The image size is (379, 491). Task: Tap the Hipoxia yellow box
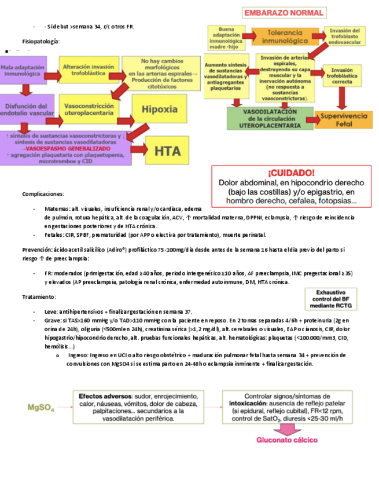point(159,108)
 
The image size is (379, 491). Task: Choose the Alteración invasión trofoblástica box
point(84,70)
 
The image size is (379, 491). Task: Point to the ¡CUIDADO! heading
point(291,173)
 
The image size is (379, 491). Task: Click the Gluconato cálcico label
point(287,439)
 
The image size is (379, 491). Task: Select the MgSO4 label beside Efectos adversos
point(41,407)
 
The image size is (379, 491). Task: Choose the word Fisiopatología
point(41,42)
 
